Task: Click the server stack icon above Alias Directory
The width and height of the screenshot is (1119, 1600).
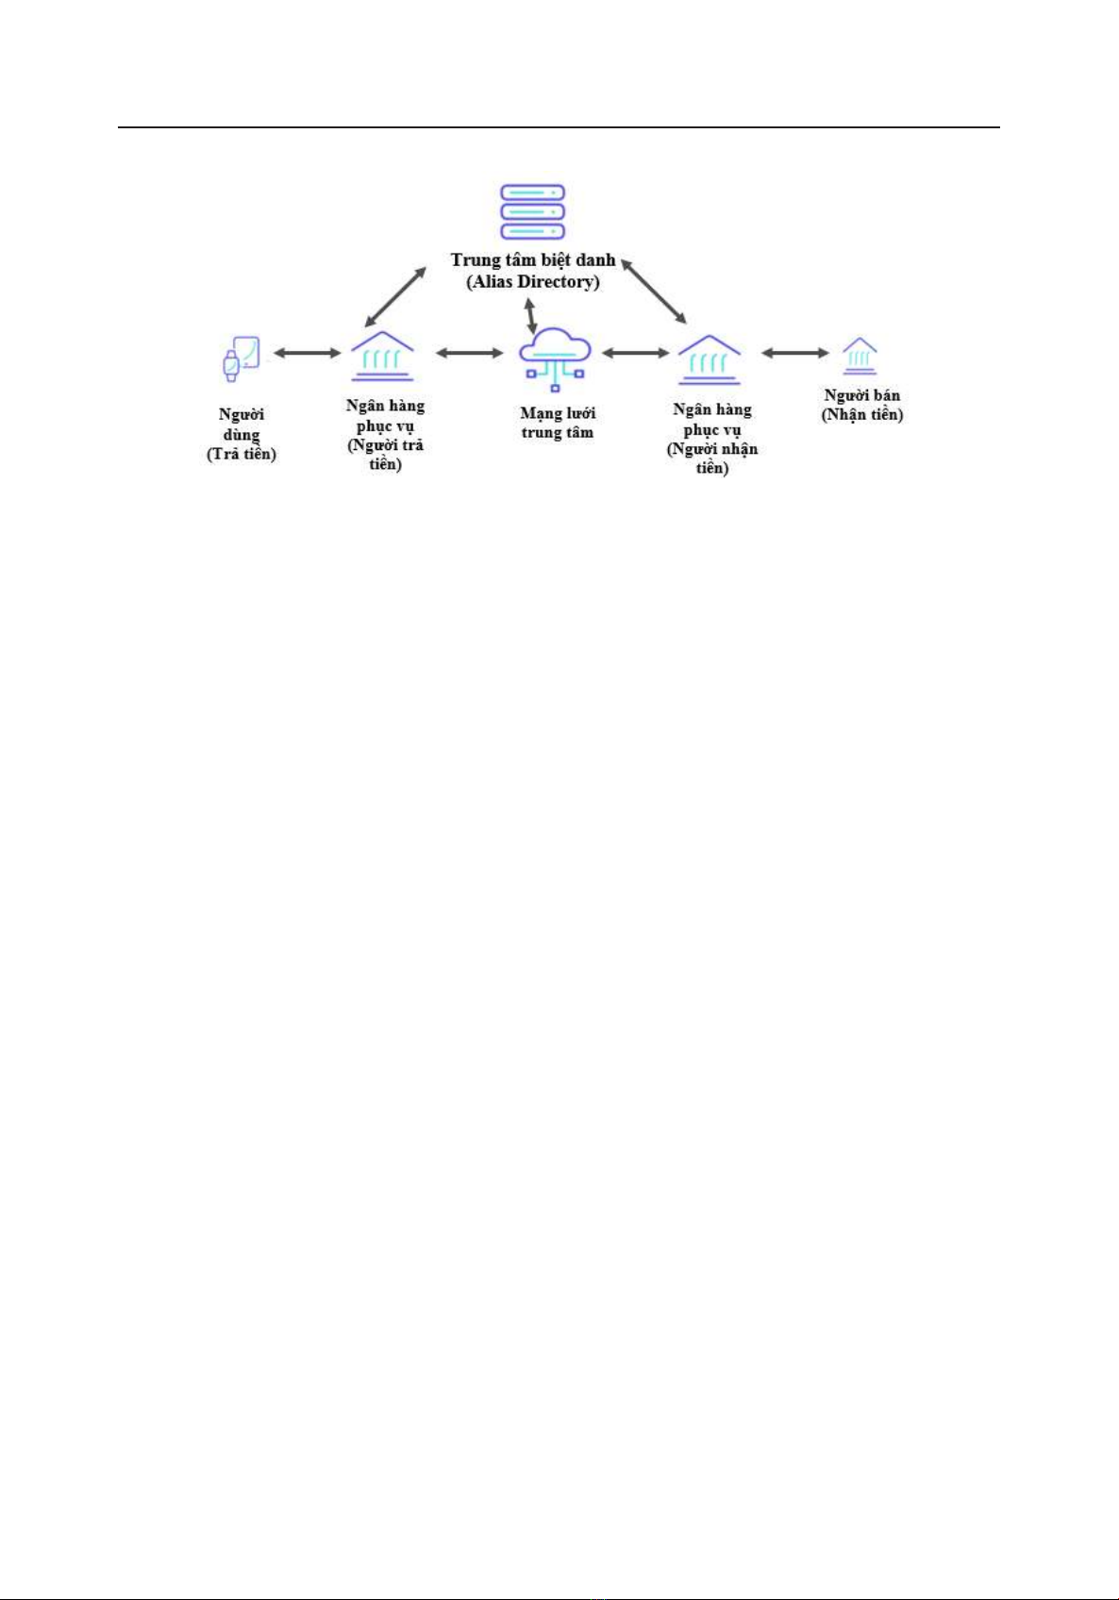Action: coord(532,212)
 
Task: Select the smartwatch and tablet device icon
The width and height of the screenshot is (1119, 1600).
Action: coord(241,358)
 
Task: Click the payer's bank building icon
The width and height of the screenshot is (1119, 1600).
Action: coord(383,356)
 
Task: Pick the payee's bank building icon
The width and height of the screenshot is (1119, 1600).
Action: coord(710,359)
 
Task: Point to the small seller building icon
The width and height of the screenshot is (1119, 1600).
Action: coord(860,357)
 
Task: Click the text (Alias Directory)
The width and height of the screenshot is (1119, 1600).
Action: coord(533,282)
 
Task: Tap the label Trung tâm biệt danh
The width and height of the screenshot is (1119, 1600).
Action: coord(533,260)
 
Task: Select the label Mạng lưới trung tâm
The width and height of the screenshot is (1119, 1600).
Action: coord(558,423)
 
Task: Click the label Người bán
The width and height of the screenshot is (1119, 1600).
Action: coord(862,395)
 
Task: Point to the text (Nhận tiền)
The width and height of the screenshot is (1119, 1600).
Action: coord(862,415)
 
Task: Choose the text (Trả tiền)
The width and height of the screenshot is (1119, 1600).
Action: coord(242,455)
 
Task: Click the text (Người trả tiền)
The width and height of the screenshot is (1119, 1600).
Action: coord(385,455)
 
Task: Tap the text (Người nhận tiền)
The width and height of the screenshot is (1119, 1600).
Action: coord(711,458)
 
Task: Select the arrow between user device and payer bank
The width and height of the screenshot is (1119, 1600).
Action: coord(308,352)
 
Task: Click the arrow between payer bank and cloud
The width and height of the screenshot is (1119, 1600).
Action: coord(470,352)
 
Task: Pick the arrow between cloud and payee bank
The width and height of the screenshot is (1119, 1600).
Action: coord(635,352)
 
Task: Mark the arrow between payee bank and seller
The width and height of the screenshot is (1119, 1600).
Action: coord(795,352)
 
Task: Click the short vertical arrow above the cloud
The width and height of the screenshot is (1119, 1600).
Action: coord(531,316)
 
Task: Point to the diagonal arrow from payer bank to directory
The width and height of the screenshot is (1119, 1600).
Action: coord(395,297)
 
